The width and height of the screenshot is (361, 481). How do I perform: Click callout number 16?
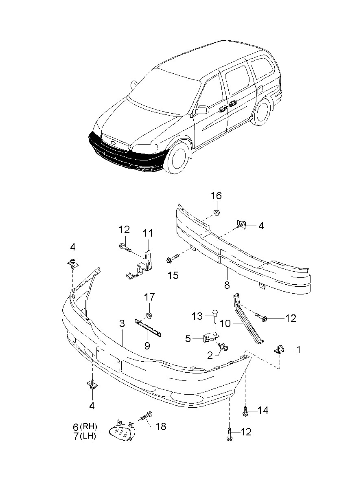(x=216, y=196)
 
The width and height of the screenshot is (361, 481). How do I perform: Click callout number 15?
(x=173, y=276)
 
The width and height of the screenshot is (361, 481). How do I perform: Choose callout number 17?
(x=149, y=298)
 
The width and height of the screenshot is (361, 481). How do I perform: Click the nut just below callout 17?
(x=149, y=315)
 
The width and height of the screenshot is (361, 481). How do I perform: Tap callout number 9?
(x=147, y=346)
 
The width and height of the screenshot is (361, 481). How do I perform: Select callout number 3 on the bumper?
(x=122, y=324)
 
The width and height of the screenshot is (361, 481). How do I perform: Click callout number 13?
(x=197, y=316)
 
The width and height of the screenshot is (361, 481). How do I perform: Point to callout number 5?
(x=188, y=338)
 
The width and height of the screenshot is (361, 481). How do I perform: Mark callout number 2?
(x=210, y=356)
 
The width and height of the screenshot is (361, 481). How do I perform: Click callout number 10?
(x=225, y=324)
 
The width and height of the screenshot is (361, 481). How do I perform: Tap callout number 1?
(x=298, y=349)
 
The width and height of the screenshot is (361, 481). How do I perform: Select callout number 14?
(x=263, y=410)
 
